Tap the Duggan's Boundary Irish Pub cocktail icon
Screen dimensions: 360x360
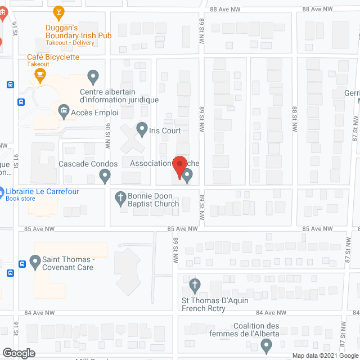58,11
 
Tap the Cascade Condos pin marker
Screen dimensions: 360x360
105,177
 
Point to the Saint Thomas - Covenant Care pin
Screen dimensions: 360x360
34,261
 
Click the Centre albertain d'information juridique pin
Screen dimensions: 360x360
93,75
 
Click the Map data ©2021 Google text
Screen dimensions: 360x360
325,355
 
